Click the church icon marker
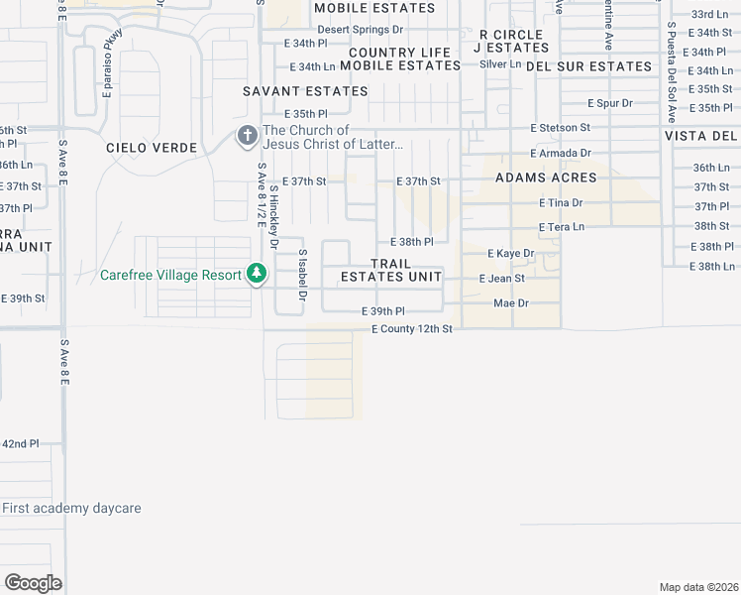tap(247, 137)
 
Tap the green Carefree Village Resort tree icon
tap(257, 273)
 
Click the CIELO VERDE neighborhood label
tap(153, 148)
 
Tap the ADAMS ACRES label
tap(546, 178)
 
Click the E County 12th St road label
tap(412, 328)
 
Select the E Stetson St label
tap(560, 128)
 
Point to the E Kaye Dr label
tap(510, 254)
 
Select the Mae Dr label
tap(511, 303)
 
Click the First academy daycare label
tap(71, 509)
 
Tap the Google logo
tap(33, 583)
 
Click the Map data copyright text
tap(698, 587)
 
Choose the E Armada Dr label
tap(560, 154)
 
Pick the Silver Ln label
tap(500, 64)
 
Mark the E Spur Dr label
tap(609, 103)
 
